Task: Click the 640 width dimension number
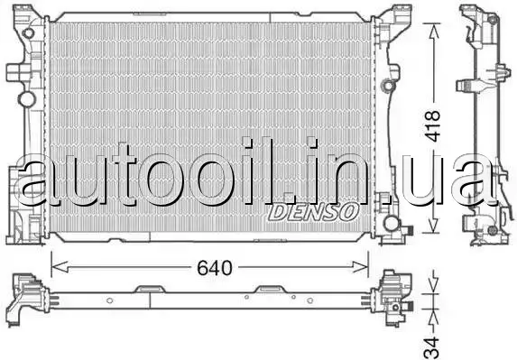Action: [x=215, y=268]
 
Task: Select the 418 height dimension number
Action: [x=432, y=125]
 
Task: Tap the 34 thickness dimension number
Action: [x=432, y=347]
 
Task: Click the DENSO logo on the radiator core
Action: [x=313, y=211]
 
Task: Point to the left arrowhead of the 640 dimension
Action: [x=60, y=267]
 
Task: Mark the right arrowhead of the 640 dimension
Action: [x=360, y=267]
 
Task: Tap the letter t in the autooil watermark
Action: [x=124, y=174]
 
